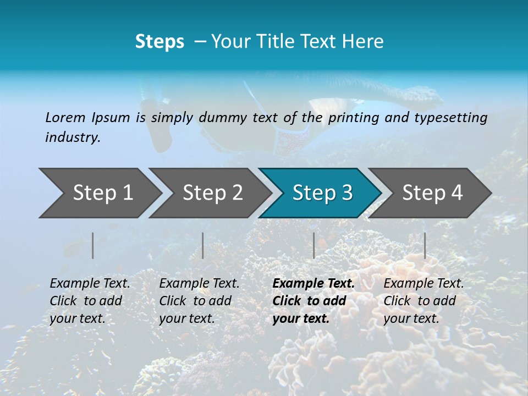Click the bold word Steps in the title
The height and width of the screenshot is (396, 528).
click(159, 42)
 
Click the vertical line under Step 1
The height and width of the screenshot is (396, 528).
click(93, 245)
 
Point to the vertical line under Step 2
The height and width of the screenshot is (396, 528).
click(203, 245)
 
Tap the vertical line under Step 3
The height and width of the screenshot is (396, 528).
click(313, 245)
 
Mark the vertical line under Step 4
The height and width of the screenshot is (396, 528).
click(425, 245)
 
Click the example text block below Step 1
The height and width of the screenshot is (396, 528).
click(90, 301)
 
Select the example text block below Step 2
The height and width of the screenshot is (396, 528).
click(199, 301)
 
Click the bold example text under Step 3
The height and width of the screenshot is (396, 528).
click(313, 301)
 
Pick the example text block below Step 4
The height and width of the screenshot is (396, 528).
click(424, 301)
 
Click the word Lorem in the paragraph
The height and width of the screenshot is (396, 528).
click(65, 118)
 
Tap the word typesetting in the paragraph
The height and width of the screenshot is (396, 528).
click(450, 118)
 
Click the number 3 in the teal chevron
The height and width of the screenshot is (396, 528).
click(346, 193)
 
